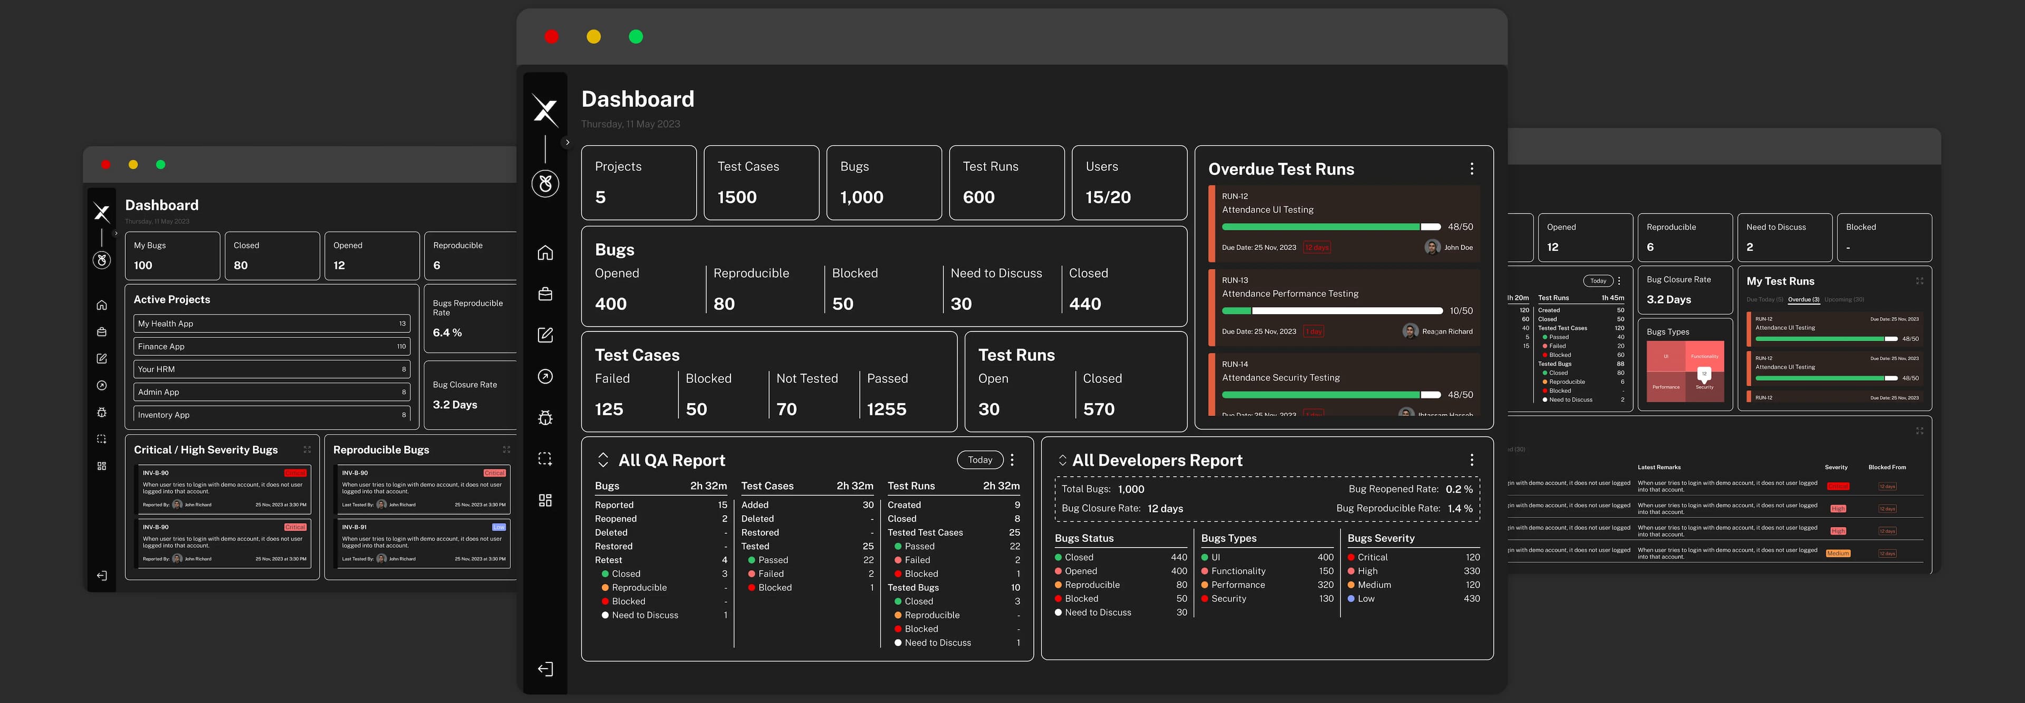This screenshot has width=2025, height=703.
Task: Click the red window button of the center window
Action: (551, 37)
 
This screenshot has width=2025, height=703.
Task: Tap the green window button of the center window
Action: (636, 37)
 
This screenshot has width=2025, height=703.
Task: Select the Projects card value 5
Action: (601, 197)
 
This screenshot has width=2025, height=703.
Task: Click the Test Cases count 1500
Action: (737, 197)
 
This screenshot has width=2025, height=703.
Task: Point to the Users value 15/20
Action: (1107, 197)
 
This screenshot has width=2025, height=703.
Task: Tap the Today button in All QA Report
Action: (979, 460)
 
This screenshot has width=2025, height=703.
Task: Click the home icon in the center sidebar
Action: (545, 253)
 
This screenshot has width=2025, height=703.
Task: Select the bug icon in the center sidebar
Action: (545, 418)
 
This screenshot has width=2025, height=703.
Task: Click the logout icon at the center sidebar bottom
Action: (545, 669)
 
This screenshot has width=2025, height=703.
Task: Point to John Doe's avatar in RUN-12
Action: (1432, 247)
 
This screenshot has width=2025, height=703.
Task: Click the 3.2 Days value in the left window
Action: (455, 405)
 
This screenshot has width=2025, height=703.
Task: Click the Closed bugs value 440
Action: (1085, 304)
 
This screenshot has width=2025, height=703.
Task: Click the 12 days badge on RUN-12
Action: (1317, 248)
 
